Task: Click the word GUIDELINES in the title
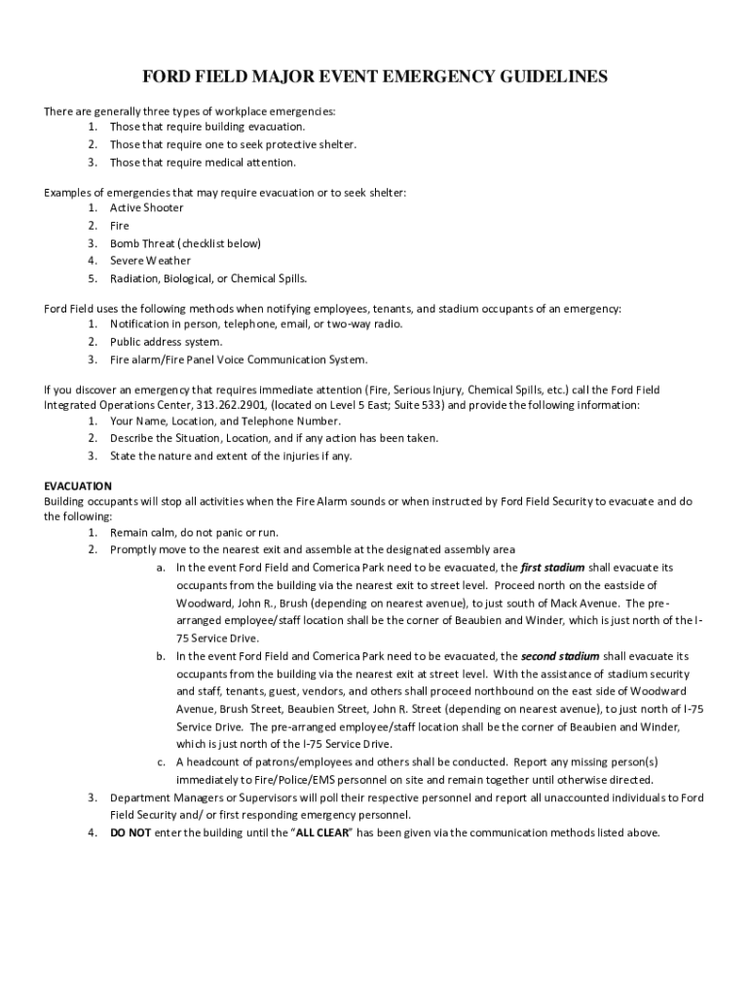pos(542,77)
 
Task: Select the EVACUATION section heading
pos(78,485)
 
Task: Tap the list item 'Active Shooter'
pos(146,207)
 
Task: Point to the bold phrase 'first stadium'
pos(552,567)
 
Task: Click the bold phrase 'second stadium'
pos(560,656)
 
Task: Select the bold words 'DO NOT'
pos(131,832)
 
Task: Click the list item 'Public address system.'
pos(166,342)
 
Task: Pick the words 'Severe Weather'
pos(150,261)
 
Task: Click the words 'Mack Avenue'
pos(585,603)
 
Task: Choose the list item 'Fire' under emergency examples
pos(119,226)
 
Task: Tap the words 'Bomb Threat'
pos(142,243)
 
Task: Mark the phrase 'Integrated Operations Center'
pos(116,404)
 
